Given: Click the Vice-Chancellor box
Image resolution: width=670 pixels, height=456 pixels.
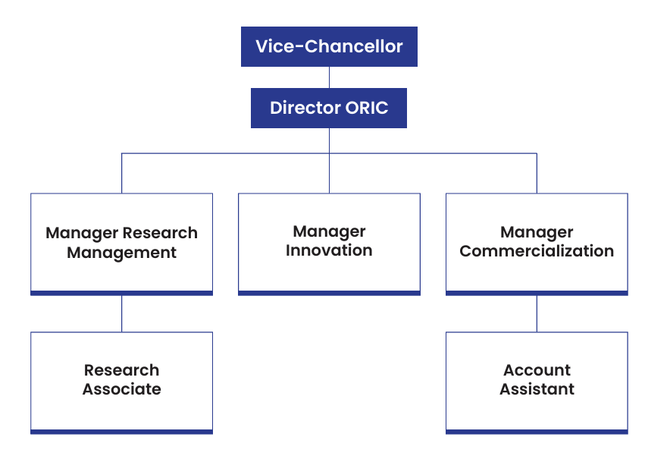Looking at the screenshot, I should click(329, 46).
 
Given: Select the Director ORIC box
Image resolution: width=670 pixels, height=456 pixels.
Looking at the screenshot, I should click(329, 108).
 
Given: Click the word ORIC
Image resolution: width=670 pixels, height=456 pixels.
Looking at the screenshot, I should click(367, 108).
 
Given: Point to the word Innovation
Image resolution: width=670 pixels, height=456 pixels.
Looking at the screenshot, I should click(329, 250).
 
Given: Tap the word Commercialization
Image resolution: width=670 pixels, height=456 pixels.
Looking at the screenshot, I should click(537, 251).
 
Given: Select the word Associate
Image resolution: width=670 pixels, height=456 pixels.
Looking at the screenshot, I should click(122, 389).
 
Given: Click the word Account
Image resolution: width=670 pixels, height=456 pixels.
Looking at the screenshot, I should click(537, 370).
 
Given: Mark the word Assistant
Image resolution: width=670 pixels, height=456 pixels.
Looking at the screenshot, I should click(537, 389).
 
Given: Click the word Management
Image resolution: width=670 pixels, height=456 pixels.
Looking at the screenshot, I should click(121, 253).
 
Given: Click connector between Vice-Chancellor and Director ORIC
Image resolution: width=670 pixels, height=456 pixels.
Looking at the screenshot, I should click(329, 77).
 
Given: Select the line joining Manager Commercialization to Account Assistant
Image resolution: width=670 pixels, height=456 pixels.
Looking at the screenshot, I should click(537, 313).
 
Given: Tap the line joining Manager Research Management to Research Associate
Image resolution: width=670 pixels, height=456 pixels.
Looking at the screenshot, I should click(121, 313).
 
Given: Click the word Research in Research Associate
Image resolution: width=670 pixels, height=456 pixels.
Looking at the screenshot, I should click(121, 370).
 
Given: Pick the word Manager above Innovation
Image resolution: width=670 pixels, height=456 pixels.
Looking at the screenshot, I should click(329, 231).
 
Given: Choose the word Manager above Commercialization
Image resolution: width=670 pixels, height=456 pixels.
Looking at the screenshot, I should click(537, 232).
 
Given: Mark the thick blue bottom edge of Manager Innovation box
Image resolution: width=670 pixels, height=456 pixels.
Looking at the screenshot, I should click(329, 293).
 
